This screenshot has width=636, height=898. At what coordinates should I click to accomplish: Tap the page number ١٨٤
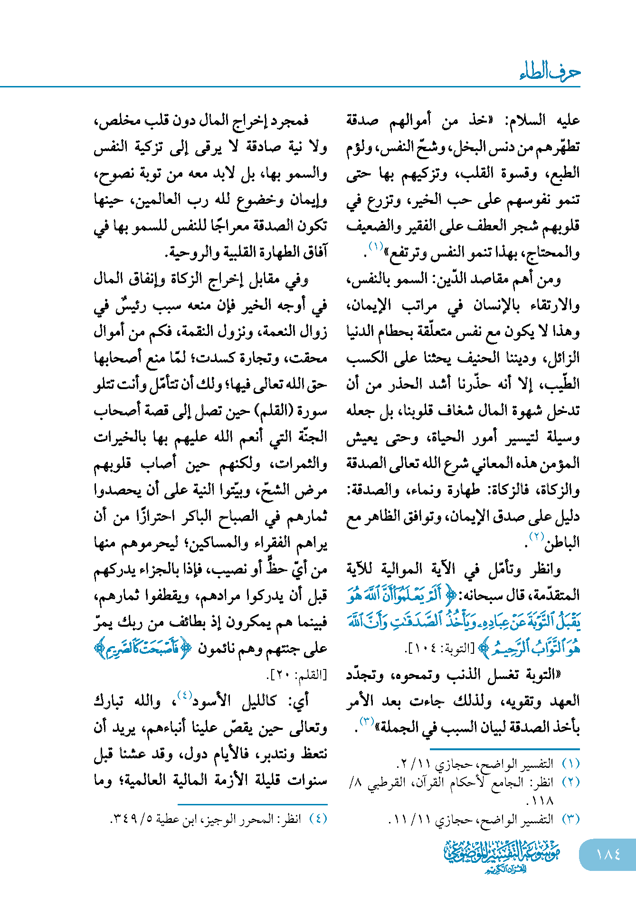(x=608, y=855)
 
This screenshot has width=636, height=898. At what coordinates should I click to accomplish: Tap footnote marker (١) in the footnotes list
(x=571, y=764)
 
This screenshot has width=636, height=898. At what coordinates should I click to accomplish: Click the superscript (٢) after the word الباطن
(x=537, y=536)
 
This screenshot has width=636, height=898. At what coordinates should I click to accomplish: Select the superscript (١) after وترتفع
(x=376, y=246)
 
